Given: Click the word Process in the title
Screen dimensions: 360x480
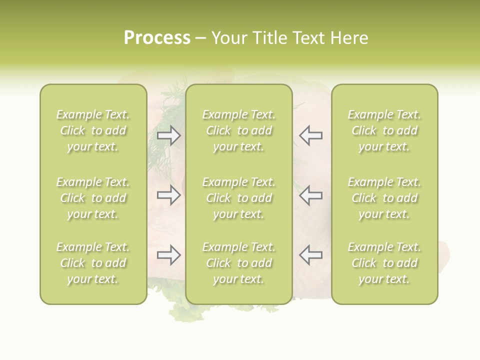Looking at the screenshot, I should click(157, 38).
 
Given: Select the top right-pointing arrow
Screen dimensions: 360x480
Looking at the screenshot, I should click(169, 135).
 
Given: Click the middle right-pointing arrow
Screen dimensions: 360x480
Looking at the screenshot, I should click(169, 195).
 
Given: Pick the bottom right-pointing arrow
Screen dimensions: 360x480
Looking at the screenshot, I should click(169, 255).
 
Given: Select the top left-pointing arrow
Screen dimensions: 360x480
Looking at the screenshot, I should click(310, 135).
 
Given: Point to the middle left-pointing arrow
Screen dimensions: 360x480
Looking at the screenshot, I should click(310, 195).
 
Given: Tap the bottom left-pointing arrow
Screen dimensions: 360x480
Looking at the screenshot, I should click(310, 255).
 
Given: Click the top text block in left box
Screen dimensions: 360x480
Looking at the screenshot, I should click(93, 130).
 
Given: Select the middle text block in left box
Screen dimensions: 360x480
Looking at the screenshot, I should click(93, 198).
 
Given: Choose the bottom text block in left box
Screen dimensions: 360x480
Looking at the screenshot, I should click(93, 263).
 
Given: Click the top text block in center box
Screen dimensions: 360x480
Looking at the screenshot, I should click(238, 130).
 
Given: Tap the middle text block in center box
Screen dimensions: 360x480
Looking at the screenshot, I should click(238, 198).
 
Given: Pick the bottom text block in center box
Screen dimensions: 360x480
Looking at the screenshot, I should click(238, 263).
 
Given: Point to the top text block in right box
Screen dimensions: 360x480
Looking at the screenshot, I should click(384, 130).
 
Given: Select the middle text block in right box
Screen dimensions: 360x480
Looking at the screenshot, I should click(384, 198).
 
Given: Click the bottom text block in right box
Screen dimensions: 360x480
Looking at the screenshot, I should click(384, 263).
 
